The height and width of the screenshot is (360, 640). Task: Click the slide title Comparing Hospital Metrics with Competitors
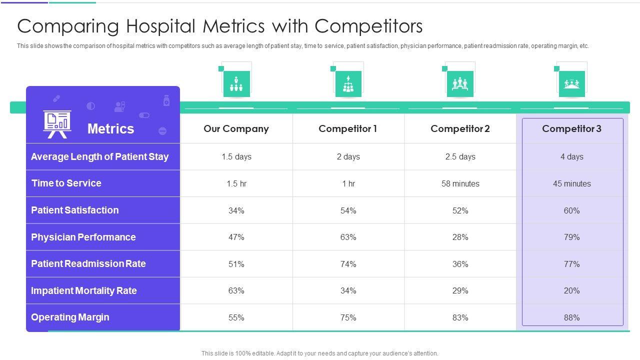click(220, 26)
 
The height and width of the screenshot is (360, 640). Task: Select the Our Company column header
click(236, 129)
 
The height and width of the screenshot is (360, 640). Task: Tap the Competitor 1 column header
click(348, 129)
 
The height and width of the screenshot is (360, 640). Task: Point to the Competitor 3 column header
click(571, 129)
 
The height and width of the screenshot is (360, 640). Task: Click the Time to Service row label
click(66, 183)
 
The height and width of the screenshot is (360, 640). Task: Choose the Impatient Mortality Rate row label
click(84, 291)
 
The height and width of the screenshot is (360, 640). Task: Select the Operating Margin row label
click(70, 317)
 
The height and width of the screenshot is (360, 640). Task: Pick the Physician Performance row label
click(83, 237)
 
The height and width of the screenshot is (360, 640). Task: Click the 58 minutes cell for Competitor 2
click(460, 184)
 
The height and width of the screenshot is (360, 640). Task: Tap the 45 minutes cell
click(571, 184)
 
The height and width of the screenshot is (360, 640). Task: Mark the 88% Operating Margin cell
click(571, 318)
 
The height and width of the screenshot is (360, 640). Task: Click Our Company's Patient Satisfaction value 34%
click(236, 211)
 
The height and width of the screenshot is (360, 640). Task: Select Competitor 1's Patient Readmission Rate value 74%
click(348, 264)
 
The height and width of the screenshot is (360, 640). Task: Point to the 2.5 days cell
click(460, 157)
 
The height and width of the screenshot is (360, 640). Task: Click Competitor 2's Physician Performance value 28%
click(460, 237)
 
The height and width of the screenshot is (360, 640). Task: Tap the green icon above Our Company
click(236, 83)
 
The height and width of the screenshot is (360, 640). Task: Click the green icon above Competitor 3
click(571, 83)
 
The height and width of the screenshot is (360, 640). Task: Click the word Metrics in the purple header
click(110, 129)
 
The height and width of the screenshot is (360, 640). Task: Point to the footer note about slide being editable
click(319, 353)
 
